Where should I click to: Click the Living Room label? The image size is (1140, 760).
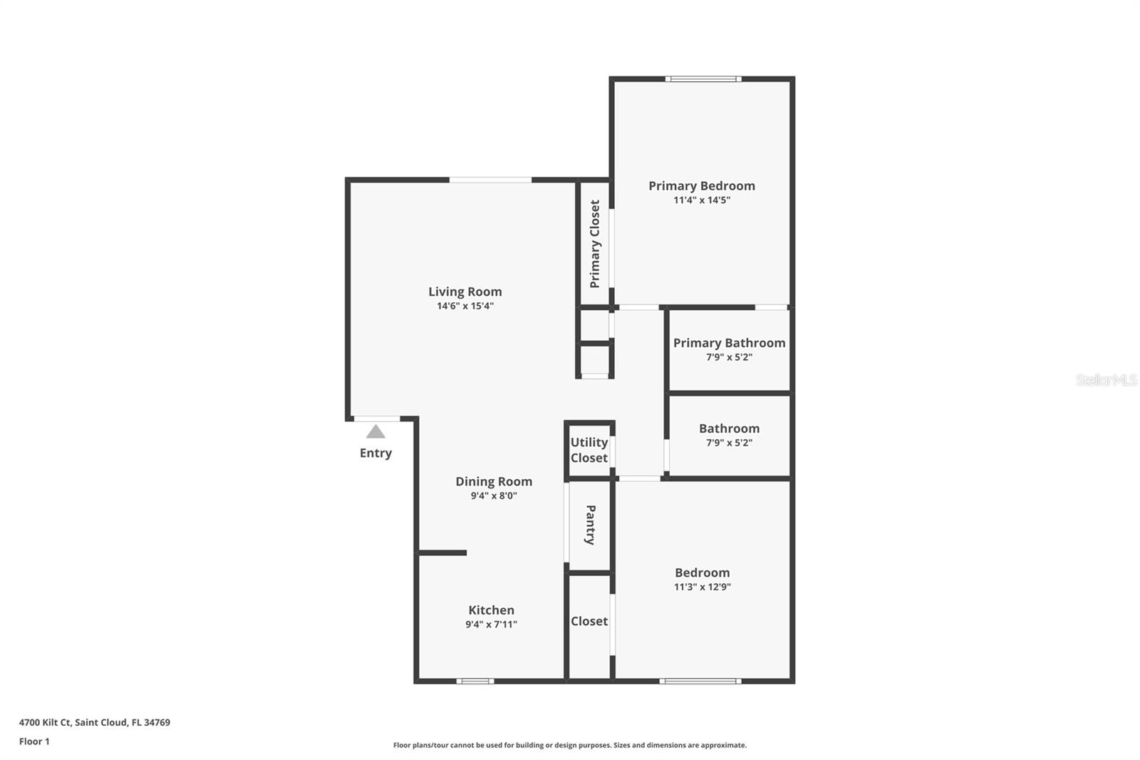465,292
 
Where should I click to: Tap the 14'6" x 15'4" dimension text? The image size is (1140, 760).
465,306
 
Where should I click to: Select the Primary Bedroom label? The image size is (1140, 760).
701,186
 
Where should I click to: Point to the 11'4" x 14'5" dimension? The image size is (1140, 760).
701,200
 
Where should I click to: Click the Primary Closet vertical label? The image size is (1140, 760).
595,244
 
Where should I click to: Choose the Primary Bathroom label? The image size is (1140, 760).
729,343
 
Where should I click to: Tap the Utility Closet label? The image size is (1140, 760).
589,450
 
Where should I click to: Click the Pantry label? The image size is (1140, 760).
591,525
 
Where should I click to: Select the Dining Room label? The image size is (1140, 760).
494,481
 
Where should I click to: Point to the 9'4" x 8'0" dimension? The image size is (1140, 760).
494,495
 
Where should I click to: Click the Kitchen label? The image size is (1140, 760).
491,610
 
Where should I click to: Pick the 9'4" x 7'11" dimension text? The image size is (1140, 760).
491,625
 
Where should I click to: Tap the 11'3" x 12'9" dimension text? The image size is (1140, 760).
702,587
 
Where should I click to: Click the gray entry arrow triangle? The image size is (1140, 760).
375,432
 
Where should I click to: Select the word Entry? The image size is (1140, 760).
375,453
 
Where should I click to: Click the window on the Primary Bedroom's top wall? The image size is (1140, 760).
703,79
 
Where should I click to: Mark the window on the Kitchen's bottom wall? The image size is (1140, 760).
475,681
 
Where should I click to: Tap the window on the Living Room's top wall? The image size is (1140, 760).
490,180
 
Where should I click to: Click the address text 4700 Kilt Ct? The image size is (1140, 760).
46,722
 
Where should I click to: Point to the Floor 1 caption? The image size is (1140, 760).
34,741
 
